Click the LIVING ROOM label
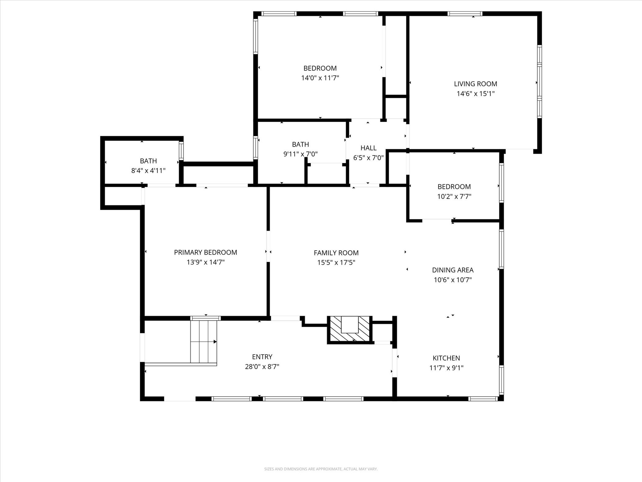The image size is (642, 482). [x=476, y=84]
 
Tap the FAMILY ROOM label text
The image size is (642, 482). [x=336, y=253]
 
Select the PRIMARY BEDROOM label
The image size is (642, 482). [x=205, y=252]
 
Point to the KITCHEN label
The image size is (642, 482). [x=446, y=358]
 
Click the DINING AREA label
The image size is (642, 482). [x=453, y=270]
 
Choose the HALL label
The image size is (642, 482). [x=368, y=148]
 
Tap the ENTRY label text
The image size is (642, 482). [x=262, y=357]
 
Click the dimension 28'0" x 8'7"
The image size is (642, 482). [x=262, y=367]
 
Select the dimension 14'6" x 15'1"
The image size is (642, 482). [x=476, y=94]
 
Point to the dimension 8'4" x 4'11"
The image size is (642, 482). [x=148, y=171]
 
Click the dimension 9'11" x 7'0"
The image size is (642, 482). [x=300, y=154]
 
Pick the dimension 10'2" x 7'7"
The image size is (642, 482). [x=454, y=196]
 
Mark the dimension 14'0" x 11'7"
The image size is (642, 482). [x=320, y=78]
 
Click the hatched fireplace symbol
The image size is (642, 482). [x=350, y=329]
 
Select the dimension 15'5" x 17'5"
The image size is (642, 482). [x=336, y=262]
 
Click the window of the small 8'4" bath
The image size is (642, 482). [x=181, y=151]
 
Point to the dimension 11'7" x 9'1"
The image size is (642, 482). [x=446, y=368]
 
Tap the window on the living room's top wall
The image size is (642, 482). [x=465, y=13]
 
